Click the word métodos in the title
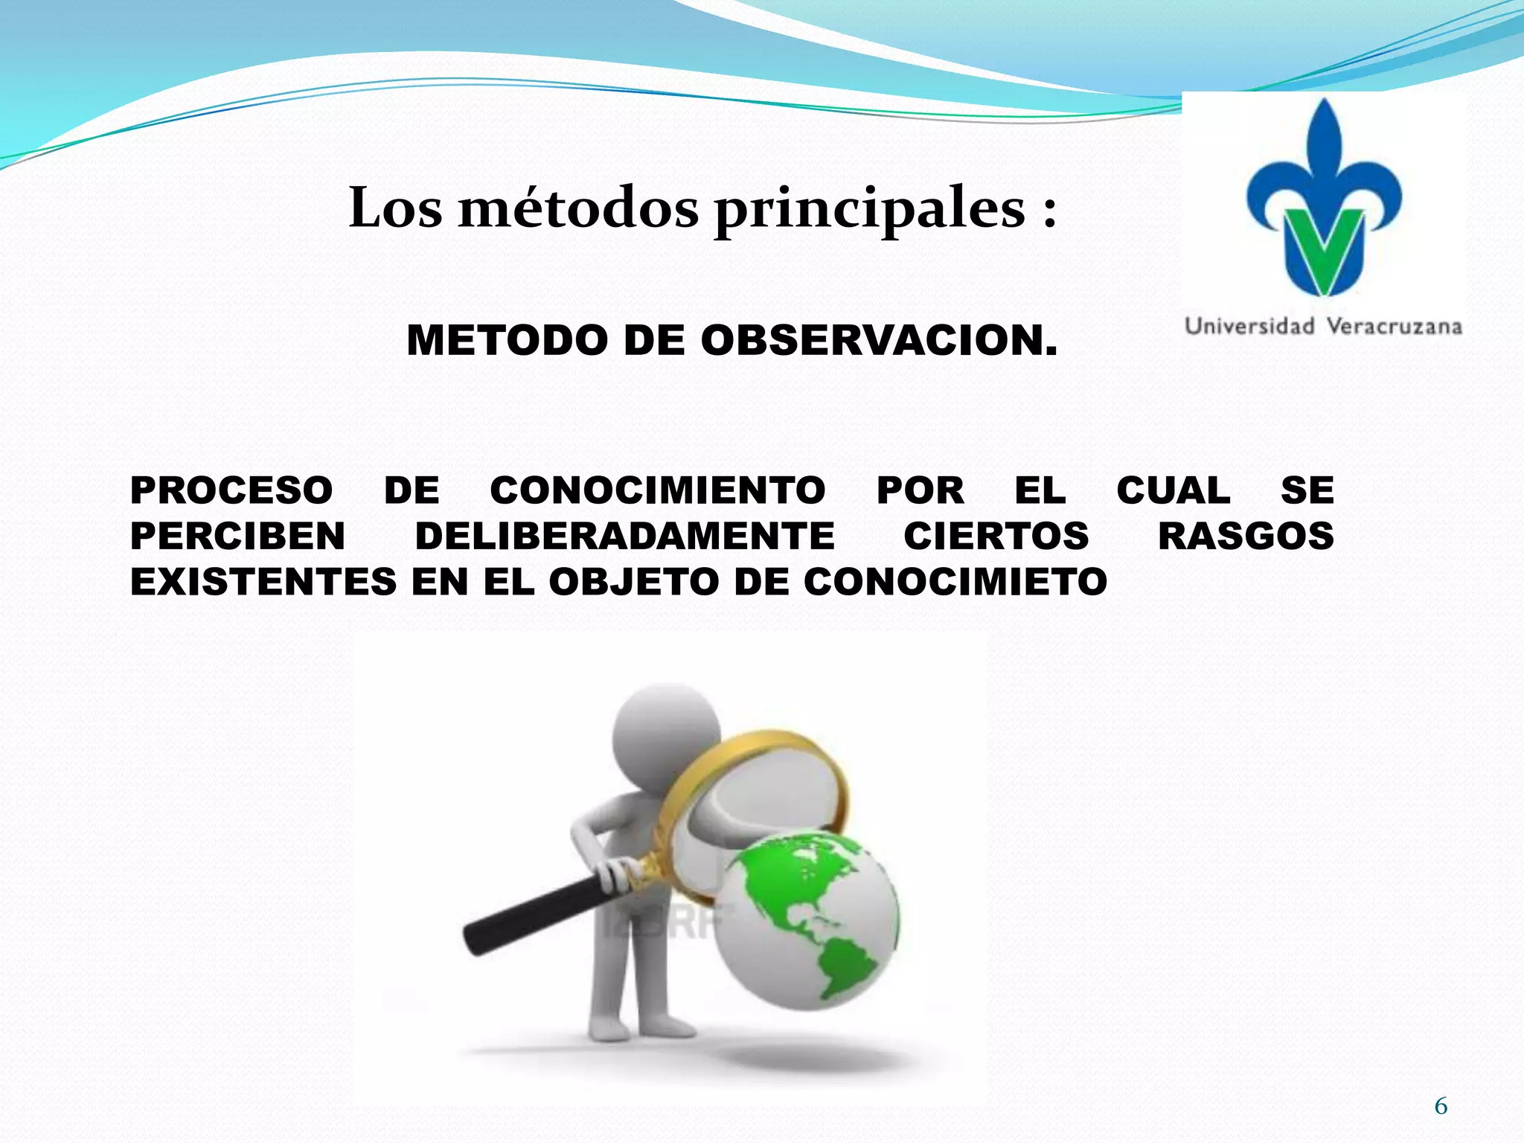coord(578,208)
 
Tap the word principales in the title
coord(869,210)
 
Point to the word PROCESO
coord(231,490)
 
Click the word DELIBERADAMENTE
coord(625,537)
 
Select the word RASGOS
coord(1246,537)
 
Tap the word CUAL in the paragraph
coord(1173,490)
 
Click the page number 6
coord(1441,1107)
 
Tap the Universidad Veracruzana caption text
coord(1323,326)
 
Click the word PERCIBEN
coord(237,537)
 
